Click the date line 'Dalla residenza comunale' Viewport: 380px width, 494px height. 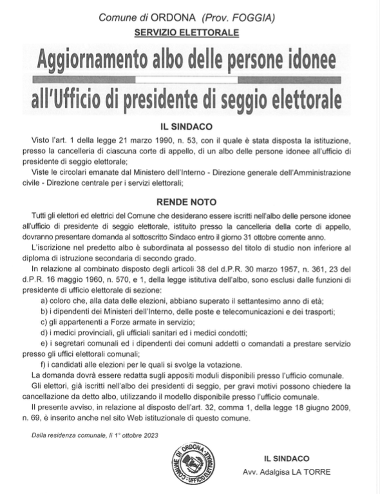95,436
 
